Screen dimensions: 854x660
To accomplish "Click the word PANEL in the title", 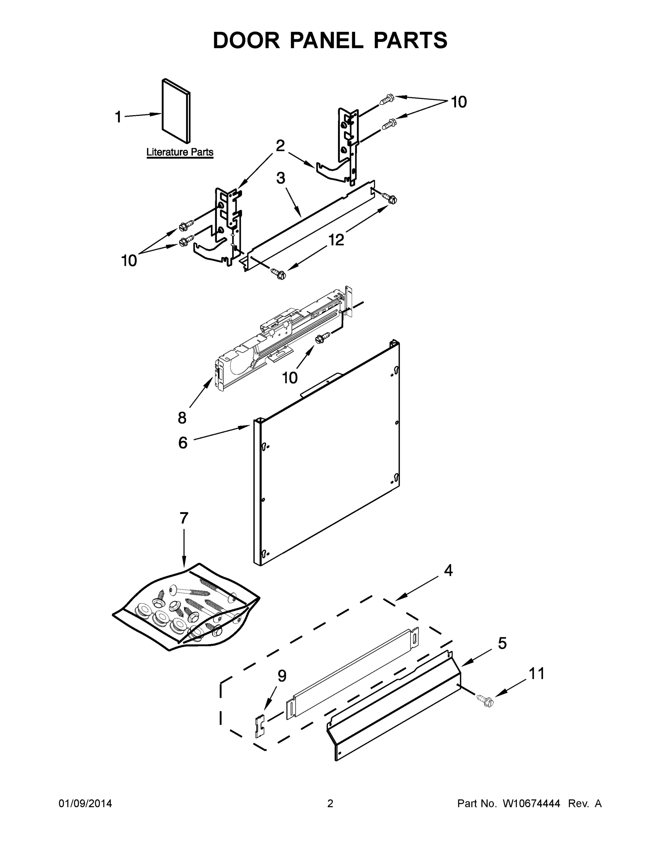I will [326, 40].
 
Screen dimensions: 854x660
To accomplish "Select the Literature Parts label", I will [180, 152].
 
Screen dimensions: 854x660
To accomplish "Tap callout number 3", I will [281, 178].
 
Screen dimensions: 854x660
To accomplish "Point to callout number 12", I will [336, 240].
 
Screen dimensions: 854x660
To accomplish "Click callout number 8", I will [182, 418].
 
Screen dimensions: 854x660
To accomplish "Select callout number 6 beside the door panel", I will [183, 443].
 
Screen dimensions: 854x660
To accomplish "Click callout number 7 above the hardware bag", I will [184, 518].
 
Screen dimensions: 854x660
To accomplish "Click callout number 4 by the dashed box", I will [448, 570].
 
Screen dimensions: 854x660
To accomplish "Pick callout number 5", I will [502, 643].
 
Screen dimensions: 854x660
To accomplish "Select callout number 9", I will [282, 675].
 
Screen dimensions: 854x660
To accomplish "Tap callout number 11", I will [537, 673].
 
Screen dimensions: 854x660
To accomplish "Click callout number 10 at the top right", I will [459, 102].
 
